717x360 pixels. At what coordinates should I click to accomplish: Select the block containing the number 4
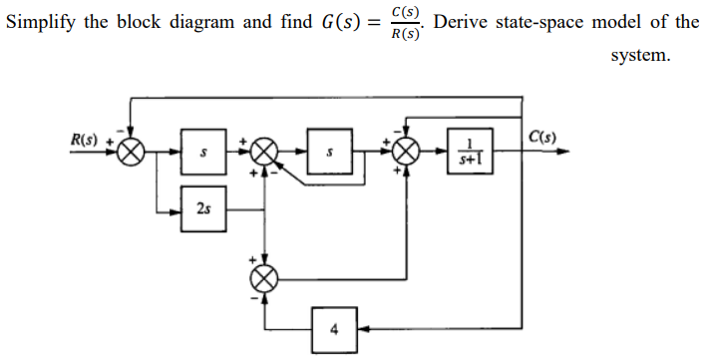[335, 327]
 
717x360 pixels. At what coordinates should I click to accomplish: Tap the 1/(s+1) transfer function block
[470, 153]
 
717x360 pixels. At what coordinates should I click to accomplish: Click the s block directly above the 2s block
[203, 153]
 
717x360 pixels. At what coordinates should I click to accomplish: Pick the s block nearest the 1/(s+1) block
[330, 153]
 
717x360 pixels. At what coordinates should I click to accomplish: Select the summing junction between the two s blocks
[265, 153]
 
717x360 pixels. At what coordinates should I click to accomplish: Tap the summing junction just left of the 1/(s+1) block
[406, 153]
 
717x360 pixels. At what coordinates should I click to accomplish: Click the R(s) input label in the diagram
[84, 139]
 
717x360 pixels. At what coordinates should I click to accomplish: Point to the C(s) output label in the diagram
[542, 138]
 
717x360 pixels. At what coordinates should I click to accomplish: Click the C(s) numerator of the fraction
[405, 12]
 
